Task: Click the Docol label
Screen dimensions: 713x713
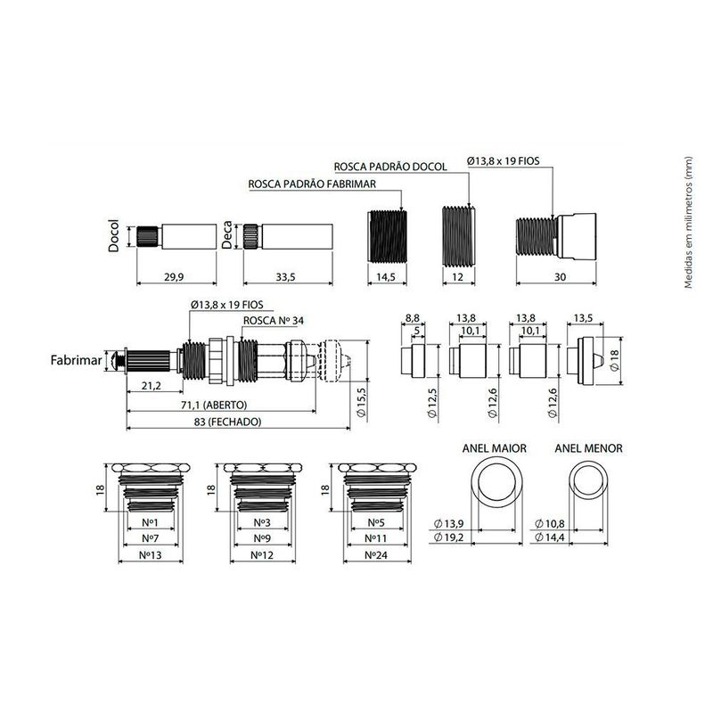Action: [x=114, y=236]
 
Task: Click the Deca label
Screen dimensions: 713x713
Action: [x=226, y=235]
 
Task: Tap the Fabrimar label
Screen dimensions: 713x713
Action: [x=76, y=361]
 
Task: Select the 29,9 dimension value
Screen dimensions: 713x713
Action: [x=174, y=276]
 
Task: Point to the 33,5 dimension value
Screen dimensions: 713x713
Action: [x=285, y=276]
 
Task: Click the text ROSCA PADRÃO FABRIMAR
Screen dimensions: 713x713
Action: [x=312, y=184]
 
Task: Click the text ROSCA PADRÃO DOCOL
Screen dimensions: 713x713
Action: [x=390, y=167]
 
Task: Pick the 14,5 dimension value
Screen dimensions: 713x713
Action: [x=386, y=276]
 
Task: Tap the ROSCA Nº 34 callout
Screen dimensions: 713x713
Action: [x=274, y=321]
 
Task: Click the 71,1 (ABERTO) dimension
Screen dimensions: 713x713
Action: [x=214, y=405]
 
